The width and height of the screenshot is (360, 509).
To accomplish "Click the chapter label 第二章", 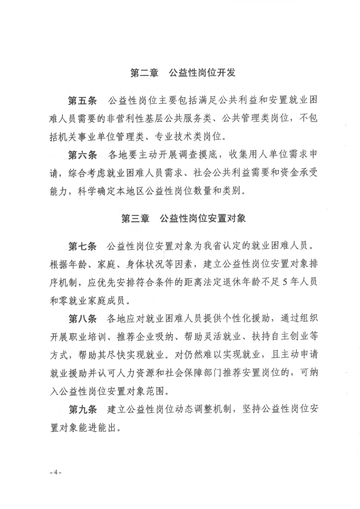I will tap(143, 73).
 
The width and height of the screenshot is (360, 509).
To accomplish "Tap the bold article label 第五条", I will tap(82, 100).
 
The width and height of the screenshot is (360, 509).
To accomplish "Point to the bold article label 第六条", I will tap(82, 155).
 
